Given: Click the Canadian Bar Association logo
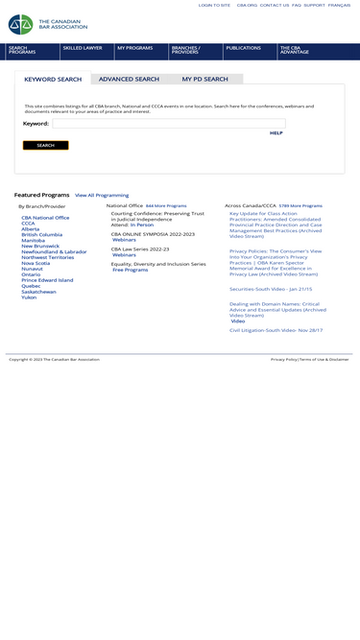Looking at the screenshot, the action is click(x=47, y=24).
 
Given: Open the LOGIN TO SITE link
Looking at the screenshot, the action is click(x=214, y=5).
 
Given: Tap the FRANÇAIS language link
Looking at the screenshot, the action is click(x=339, y=5).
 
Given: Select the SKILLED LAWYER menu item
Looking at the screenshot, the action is click(x=83, y=48).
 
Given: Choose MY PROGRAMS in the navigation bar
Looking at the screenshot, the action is click(x=135, y=48).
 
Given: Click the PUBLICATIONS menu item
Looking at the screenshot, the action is click(x=243, y=48).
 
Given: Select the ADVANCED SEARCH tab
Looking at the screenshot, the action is click(x=129, y=80).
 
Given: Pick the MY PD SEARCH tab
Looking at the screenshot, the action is click(x=204, y=80).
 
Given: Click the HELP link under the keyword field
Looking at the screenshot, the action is click(x=276, y=133).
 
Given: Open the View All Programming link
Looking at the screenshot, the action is click(x=102, y=195).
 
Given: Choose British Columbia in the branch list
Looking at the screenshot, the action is click(x=41, y=235).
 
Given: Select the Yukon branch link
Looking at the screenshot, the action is click(x=29, y=297).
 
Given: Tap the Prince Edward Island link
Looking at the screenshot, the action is click(x=47, y=280).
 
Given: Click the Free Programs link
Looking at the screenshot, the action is click(x=131, y=270).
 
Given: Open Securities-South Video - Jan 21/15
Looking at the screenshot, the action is click(x=271, y=289).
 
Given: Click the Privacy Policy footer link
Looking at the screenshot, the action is click(x=283, y=359).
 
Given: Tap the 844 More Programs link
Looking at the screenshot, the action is click(x=166, y=205).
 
